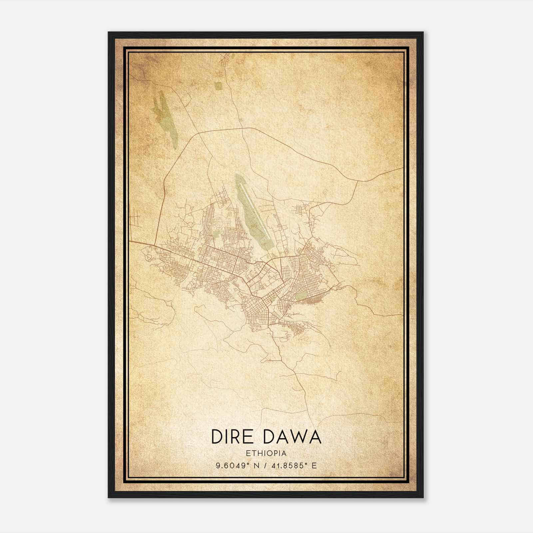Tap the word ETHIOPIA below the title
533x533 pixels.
coord(266,453)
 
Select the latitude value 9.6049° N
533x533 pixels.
coord(237,465)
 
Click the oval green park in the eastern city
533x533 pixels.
coord(301,296)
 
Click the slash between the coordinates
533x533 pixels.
coord(266,465)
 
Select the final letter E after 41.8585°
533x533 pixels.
coord(314,465)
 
